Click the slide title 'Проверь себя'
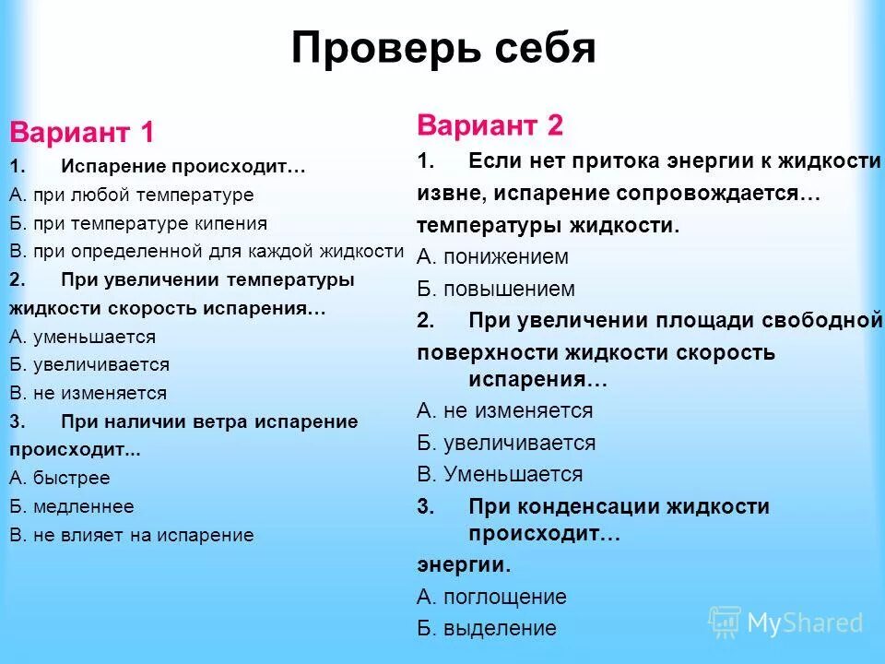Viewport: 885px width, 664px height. pos(442,49)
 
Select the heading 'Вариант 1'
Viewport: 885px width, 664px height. pos(82,132)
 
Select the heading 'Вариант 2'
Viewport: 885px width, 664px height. pos(490,125)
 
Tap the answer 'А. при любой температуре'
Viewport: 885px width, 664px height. pos(131,195)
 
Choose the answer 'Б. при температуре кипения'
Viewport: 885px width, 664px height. pos(138,223)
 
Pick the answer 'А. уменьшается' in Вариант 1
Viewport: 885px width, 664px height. pos(83,337)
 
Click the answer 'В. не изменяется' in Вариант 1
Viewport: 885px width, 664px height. pos(88,393)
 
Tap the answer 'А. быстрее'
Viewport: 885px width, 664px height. pos(60,478)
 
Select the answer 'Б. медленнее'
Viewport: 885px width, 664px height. pos(72,506)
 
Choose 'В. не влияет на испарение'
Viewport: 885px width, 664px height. pos(131,535)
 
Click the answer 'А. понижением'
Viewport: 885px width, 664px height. pos(492,257)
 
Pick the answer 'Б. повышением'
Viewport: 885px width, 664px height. pos(495,289)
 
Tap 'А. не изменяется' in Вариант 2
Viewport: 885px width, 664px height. pos(504,410)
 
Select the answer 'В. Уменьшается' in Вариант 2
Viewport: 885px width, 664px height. pos(500,474)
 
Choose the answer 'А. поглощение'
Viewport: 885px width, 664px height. pos(491,597)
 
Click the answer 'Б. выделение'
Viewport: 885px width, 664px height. pos(487,628)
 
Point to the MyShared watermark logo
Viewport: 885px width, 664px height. pos(786,622)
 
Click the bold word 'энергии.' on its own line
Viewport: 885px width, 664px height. pos(463,564)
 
